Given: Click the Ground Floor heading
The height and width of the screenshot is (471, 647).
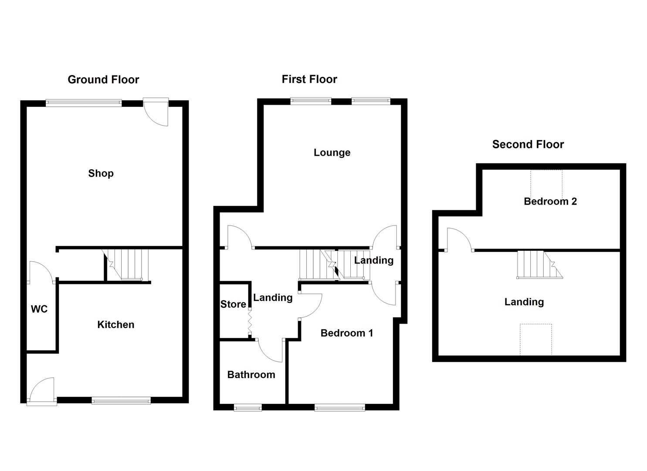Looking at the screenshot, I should (x=103, y=80).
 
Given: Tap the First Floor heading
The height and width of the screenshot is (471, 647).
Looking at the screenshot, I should (x=309, y=79).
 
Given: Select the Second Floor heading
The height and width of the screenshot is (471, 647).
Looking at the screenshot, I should (x=528, y=144).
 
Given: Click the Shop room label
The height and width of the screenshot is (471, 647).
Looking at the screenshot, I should (x=101, y=174).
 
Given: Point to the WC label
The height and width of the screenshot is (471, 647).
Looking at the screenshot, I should (x=39, y=309).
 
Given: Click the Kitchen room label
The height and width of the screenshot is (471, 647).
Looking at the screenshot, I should (x=115, y=324).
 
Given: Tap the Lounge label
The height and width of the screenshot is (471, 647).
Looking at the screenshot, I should (x=332, y=153).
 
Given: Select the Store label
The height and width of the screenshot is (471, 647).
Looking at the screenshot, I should (x=233, y=304).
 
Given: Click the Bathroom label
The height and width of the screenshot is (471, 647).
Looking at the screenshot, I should (x=251, y=375).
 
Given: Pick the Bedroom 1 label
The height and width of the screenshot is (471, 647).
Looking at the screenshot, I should (x=347, y=333).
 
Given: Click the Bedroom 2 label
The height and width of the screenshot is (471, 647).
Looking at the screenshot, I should (x=550, y=201).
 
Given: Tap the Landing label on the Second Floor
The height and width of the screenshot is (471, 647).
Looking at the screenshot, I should (x=524, y=302).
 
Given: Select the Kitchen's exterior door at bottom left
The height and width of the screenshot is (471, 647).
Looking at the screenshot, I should (x=41, y=390).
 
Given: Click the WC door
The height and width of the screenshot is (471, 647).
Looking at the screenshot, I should (x=40, y=271).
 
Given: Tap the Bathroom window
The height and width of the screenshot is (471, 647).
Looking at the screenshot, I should (x=248, y=408).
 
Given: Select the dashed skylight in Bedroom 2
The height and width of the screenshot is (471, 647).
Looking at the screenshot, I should (x=546, y=183).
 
